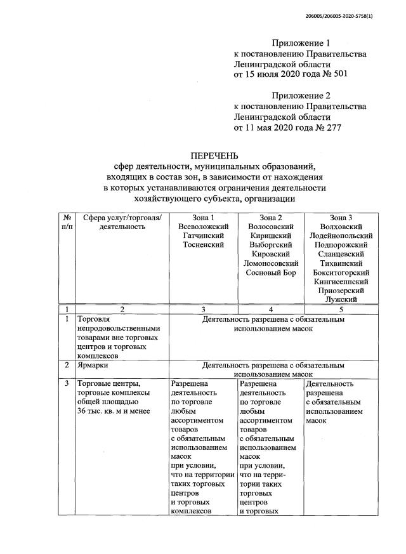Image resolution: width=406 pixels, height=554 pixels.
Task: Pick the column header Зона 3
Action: coord(341,218)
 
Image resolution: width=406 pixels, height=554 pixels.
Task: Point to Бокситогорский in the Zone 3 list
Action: coord(341,272)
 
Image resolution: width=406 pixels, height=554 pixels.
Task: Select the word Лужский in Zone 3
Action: coord(341,300)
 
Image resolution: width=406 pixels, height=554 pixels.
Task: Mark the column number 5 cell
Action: coord(341,309)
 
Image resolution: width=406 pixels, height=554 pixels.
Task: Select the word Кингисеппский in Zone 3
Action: coord(341,281)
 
